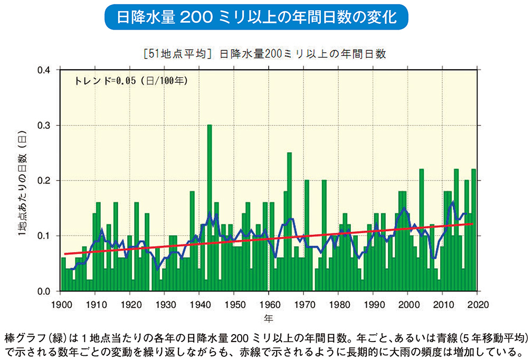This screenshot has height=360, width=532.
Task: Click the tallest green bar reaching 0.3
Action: [x=210, y=206]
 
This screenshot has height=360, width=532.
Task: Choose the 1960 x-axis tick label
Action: [x=269, y=304]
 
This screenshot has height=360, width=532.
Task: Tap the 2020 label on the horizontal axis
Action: [x=477, y=304]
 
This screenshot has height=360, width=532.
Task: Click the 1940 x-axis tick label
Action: [x=199, y=304]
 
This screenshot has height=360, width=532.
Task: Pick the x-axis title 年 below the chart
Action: [x=269, y=318]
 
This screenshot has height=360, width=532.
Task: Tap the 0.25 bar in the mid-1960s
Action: [x=289, y=222]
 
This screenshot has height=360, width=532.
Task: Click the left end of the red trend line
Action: [x=64, y=254]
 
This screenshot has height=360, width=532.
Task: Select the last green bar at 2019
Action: [x=473, y=230]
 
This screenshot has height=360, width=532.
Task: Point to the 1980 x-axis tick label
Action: [x=338, y=304]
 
